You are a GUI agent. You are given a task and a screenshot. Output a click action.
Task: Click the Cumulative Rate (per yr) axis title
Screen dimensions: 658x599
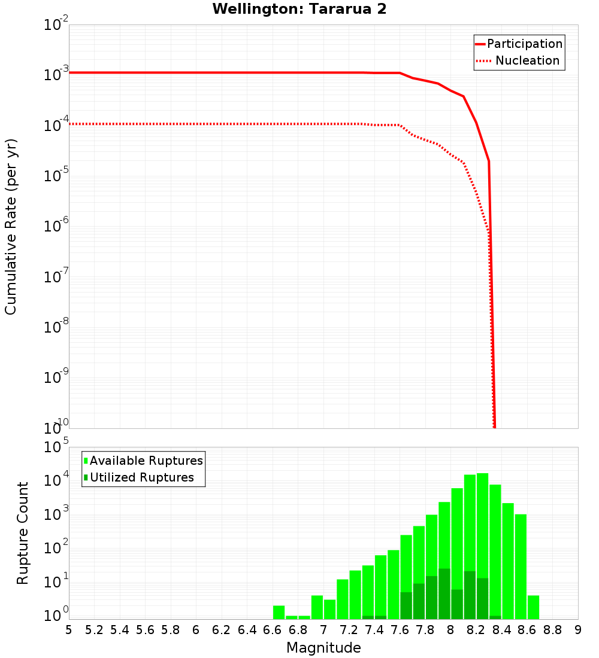(x=11, y=227)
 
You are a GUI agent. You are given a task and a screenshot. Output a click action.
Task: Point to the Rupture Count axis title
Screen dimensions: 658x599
(x=23, y=533)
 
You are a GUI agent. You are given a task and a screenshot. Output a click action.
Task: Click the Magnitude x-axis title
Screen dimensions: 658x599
(x=323, y=648)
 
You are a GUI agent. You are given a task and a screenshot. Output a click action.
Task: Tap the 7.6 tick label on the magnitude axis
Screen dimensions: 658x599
(x=400, y=630)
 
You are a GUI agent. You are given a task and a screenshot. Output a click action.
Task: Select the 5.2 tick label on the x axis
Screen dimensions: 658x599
(x=94, y=630)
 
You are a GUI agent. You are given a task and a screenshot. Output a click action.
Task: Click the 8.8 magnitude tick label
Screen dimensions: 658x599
(x=553, y=630)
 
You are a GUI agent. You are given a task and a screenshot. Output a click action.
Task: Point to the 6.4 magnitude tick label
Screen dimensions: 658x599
(x=247, y=630)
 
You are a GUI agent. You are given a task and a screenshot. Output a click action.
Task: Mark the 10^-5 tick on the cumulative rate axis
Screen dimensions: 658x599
(x=57, y=176)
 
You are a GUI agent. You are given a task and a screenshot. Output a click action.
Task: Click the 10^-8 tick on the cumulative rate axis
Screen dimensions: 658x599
(x=57, y=327)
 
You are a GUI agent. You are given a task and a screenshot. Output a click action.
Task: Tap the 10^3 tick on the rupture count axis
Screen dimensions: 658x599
(x=57, y=514)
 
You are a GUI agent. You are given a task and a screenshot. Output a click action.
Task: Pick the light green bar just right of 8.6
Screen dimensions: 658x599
(x=533, y=607)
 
